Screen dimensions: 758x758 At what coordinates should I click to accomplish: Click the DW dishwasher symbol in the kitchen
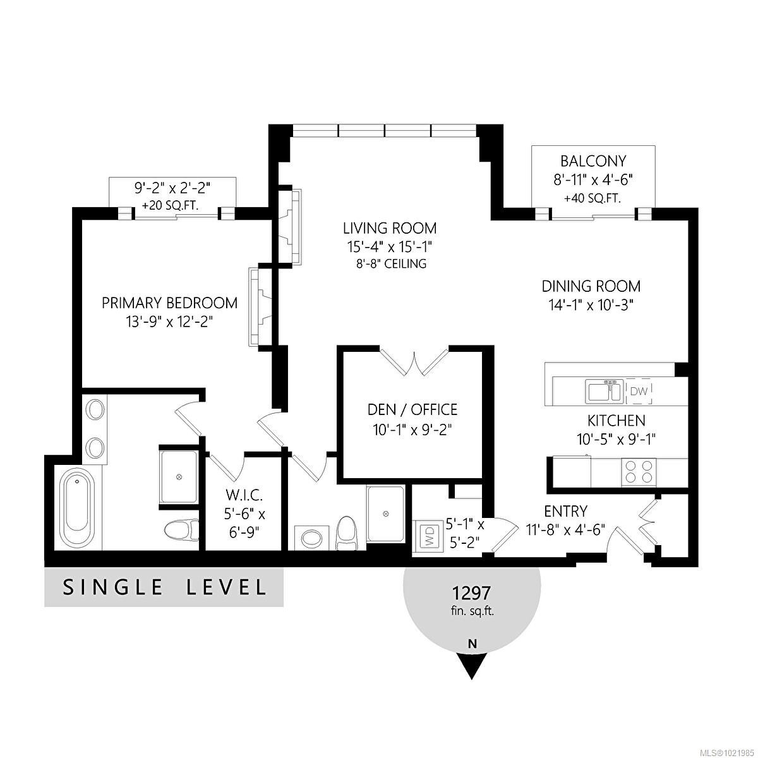(x=639, y=392)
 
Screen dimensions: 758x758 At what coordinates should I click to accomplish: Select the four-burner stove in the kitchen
(x=639, y=471)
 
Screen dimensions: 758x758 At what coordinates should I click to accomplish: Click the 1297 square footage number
(x=471, y=593)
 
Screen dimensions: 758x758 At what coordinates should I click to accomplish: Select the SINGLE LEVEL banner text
(x=164, y=587)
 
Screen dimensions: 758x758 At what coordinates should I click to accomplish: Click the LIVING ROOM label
(x=390, y=228)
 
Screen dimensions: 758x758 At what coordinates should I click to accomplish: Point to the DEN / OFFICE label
(x=412, y=409)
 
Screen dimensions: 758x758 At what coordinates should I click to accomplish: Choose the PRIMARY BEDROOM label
(x=169, y=303)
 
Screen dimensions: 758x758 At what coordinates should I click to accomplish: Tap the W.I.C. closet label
(x=243, y=495)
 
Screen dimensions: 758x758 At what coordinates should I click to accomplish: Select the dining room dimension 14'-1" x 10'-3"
(x=591, y=304)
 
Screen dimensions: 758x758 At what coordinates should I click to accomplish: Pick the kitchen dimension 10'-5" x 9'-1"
(x=616, y=439)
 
